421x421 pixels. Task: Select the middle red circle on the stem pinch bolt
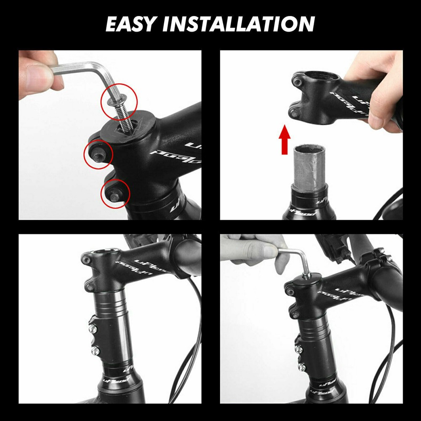click(98, 155)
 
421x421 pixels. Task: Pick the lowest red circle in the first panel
click(115, 193)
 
